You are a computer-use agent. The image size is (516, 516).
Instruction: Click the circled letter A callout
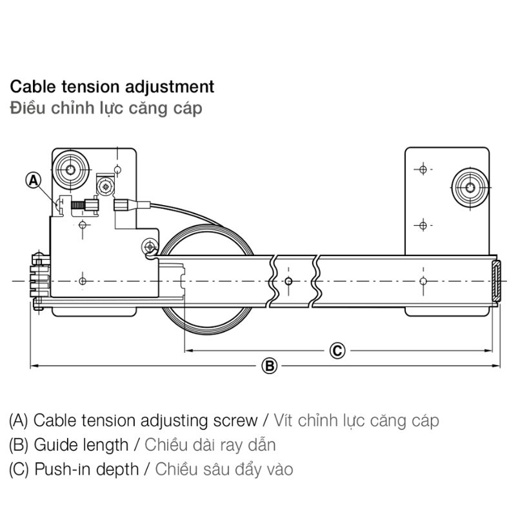[x=34, y=181]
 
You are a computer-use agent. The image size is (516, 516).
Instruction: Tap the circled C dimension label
[x=337, y=351]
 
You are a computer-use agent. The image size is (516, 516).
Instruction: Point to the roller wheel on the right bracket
[x=470, y=188]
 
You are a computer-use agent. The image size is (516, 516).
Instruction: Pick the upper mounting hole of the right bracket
[x=422, y=170]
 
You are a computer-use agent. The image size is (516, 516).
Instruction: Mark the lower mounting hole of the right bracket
[x=422, y=225]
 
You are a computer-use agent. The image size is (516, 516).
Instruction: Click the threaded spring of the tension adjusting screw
[x=79, y=206]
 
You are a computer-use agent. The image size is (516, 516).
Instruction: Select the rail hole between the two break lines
[x=288, y=281]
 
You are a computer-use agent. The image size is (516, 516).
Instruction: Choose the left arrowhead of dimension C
[x=189, y=351]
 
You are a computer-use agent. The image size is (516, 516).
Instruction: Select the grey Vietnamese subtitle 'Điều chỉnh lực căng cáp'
[x=106, y=108]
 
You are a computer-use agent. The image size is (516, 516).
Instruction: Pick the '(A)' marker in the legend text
[x=19, y=421]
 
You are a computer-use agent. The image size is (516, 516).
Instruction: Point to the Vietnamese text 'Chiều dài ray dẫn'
[x=210, y=444]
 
